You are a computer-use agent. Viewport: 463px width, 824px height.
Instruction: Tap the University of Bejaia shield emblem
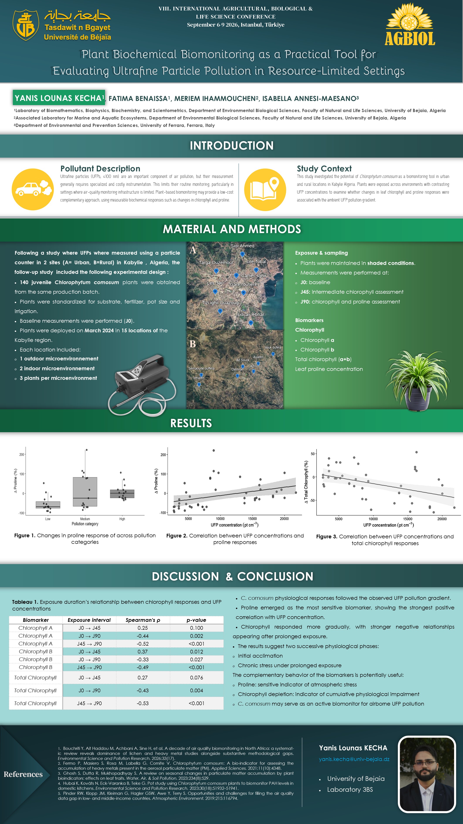coord(25,25)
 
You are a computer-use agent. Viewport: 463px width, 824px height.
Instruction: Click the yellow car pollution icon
coord(33,189)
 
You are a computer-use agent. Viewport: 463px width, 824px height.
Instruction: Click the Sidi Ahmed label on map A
coord(243,246)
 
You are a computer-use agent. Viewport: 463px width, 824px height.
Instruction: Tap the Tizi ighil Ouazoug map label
coord(220,303)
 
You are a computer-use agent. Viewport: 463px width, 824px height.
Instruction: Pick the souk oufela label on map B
coord(273,347)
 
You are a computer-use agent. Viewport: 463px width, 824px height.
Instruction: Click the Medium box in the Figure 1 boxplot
coord(85,492)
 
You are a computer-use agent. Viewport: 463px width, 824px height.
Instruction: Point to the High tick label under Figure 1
coord(122,519)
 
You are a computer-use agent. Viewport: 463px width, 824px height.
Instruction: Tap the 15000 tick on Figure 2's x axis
coord(253,519)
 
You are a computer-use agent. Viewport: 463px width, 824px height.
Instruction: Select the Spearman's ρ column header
coord(143,620)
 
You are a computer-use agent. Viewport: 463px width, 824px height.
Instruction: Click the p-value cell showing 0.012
coord(197,652)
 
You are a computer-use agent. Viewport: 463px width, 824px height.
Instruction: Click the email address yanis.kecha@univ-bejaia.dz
coord(354,759)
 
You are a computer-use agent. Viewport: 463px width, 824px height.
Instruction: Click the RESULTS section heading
coord(191,423)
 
